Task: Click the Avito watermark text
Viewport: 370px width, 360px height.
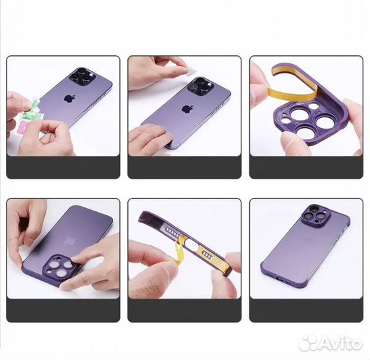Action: pyautogui.click(x=337, y=343)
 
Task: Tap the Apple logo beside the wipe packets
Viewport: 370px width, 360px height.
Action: pyautogui.click(x=69, y=98)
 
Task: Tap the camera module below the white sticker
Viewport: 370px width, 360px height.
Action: pyautogui.click(x=199, y=85)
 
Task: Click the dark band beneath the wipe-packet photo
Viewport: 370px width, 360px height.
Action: pyautogui.click(x=63, y=167)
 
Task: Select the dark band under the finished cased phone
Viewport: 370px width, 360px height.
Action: pyautogui.click(x=306, y=310)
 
